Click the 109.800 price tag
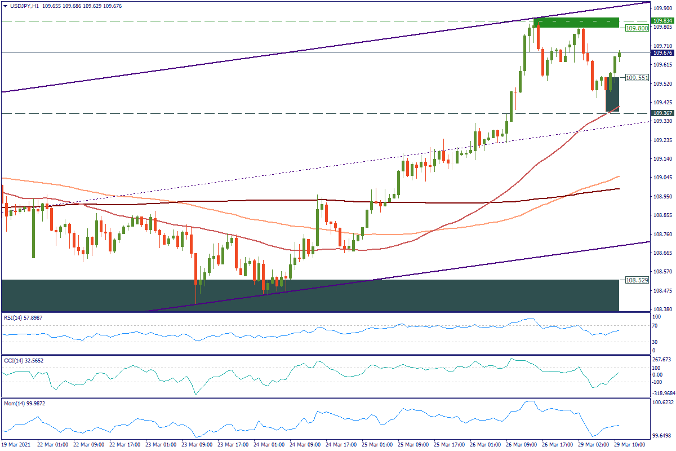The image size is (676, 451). (x=637, y=28)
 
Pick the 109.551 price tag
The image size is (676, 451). (x=637, y=78)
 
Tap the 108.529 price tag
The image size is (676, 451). (x=637, y=280)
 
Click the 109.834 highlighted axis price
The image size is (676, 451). (x=662, y=20)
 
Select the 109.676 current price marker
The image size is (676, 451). (x=662, y=53)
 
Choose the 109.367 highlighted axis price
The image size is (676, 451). (x=662, y=113)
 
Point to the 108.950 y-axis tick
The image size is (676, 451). (x=662, y=197)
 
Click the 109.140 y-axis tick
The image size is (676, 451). (x=662, y=159)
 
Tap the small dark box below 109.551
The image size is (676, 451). (x=612, y=94)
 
